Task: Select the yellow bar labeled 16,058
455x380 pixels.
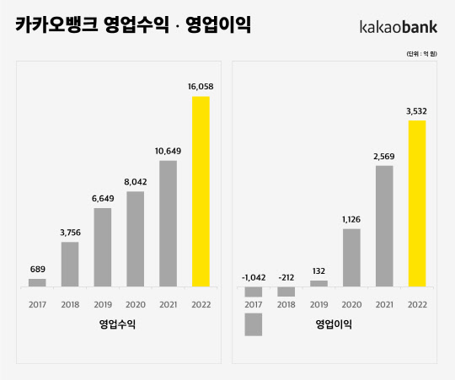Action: [201, 191]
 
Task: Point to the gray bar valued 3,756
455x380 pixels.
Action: [70, 264]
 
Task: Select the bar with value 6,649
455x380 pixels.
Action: [103, 247]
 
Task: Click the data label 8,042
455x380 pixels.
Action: [136, 181]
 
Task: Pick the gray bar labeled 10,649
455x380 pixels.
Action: [168, 223]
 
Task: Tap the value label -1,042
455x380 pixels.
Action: [254, 276]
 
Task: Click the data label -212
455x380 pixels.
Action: [286, 276]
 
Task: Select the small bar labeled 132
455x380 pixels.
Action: [318, 283]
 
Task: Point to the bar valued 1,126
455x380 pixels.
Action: [351, 257]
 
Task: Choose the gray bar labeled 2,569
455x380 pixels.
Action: [384, 226]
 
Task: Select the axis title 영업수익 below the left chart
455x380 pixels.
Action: [118, 324]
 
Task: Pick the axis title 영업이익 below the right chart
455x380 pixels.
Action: [335, 324]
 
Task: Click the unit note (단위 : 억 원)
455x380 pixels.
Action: [424, 53]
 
